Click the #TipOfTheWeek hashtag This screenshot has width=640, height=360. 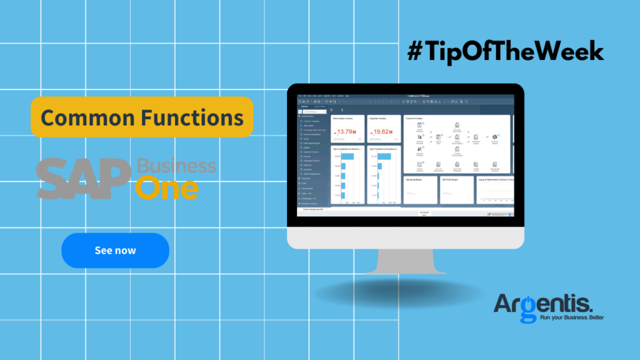click(506, 51)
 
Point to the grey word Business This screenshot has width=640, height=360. click(176, 166)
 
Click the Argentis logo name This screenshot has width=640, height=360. click(542, 303)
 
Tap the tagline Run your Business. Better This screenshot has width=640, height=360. click(562, 318)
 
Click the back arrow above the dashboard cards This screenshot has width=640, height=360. click(342, 110)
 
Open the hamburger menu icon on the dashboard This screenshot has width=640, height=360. click(333, 110)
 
